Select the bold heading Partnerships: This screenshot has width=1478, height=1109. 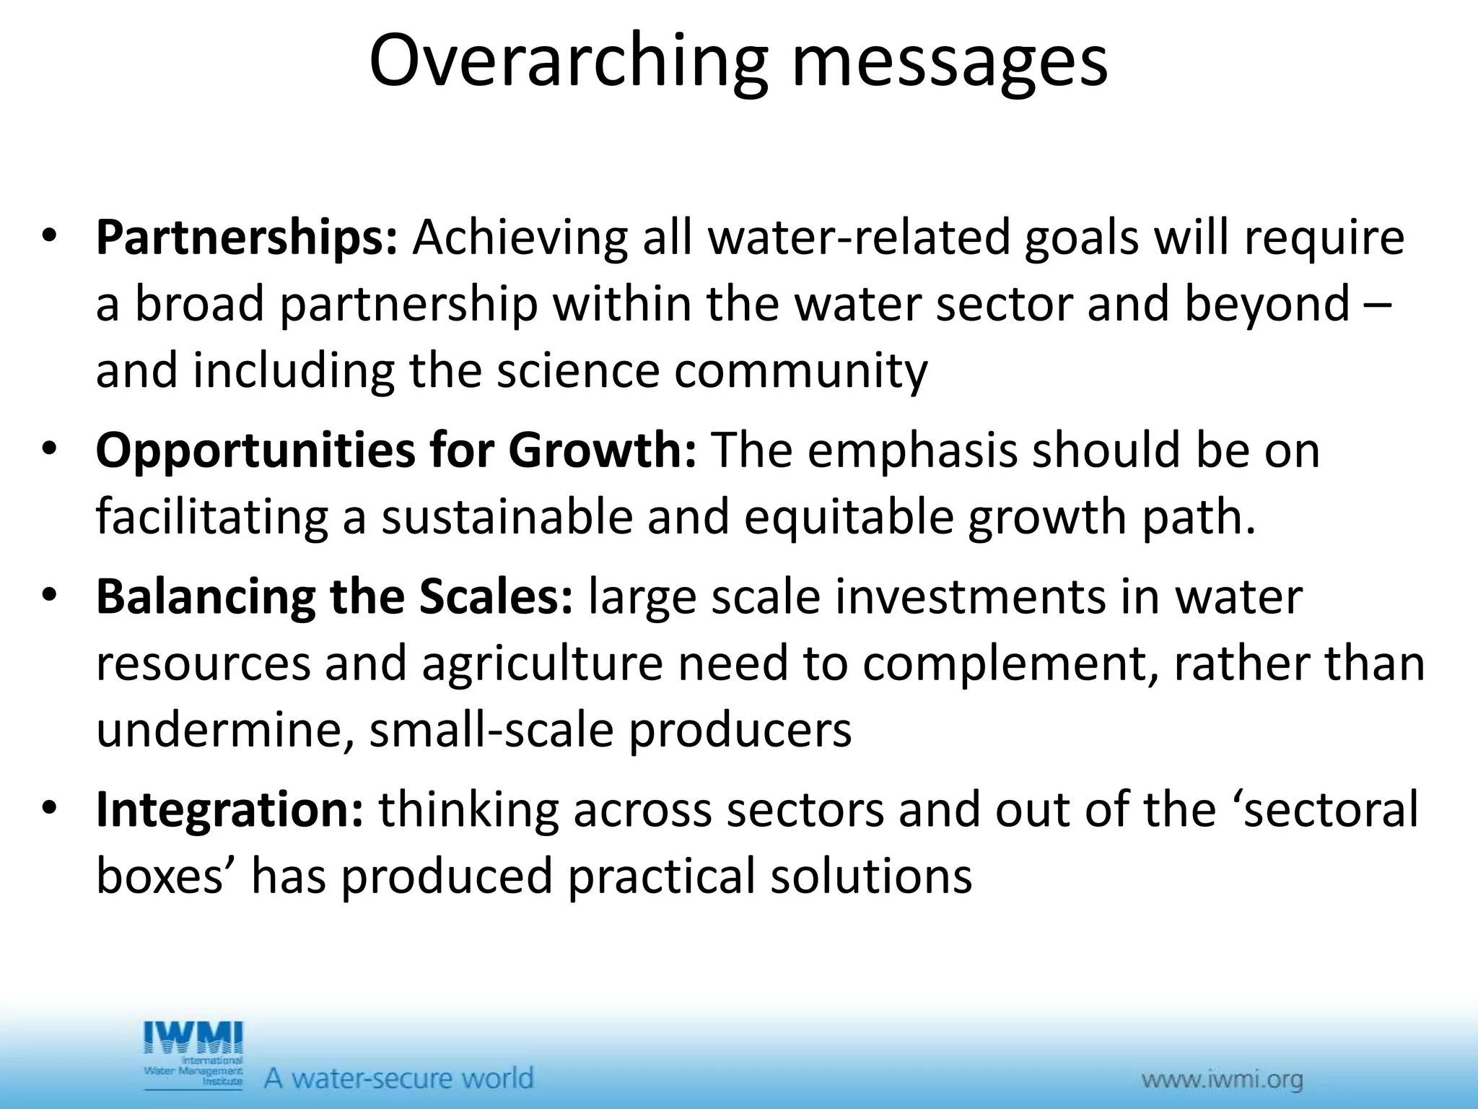246,238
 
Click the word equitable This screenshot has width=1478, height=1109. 849,518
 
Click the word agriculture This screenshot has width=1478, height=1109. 542,664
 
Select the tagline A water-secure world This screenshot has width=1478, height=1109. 398,1079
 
